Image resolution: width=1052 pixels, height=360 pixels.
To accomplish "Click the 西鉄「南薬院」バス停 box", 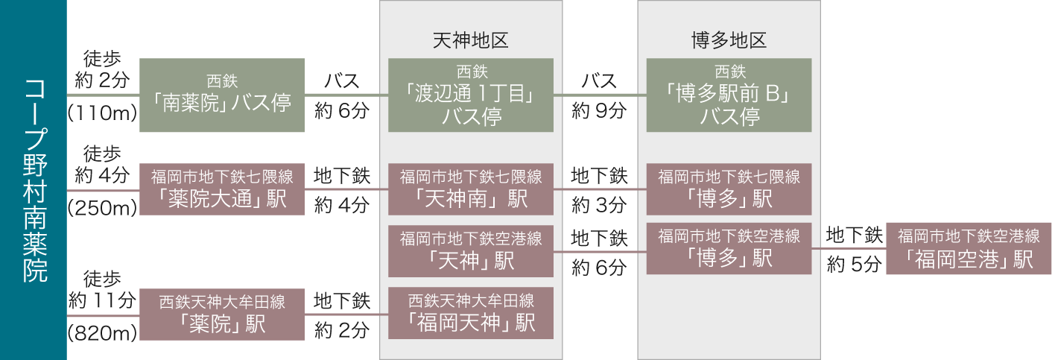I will (x=222, y=95).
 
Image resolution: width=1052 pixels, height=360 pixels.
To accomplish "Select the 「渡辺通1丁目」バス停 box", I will (x=471, y=95).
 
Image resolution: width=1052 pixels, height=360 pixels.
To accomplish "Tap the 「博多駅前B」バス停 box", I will (x=729, y=95).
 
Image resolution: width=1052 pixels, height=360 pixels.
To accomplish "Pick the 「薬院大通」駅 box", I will (x=222, y=189).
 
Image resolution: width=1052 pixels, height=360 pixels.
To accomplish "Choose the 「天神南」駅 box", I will (x=471, y=189).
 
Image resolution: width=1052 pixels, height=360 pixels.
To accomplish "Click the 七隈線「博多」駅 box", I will (x=729, y=189).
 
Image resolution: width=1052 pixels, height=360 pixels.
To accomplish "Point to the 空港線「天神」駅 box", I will (x=471, y=250).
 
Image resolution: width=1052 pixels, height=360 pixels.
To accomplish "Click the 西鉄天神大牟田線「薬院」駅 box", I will (x=222, y=314).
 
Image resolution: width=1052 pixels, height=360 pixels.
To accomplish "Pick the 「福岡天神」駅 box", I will (x=471, y=313).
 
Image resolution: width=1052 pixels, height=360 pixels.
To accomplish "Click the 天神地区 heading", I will (x=470, y=40).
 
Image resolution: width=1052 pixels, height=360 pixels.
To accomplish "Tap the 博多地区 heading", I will (x=729, y=40).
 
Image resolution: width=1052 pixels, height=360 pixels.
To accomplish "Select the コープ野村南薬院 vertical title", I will (x=34, y=180).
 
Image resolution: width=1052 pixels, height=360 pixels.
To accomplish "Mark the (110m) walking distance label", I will (x=101, y=113).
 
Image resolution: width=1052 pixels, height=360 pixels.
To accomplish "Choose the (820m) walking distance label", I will (x=101, y=333).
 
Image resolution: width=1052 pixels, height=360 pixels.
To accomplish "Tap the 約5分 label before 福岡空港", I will (x=854, y=265).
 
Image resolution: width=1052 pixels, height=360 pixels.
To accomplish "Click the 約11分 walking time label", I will (x=101, y=301).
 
